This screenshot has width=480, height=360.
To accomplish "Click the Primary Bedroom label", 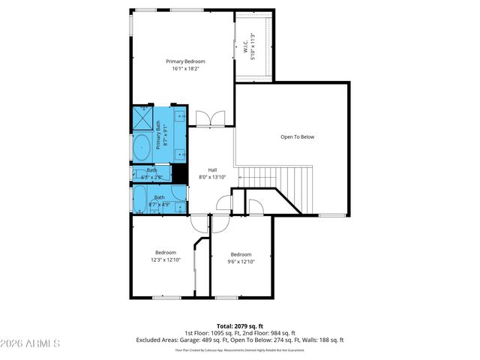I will [185, 61].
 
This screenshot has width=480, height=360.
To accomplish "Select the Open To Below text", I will [297, 137].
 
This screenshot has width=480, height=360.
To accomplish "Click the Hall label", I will [212, 169].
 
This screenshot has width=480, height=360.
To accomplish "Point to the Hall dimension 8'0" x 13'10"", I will [212, 177].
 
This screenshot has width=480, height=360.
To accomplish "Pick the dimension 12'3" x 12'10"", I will [165, 261].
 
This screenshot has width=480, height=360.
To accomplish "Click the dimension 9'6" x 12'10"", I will [241, 262].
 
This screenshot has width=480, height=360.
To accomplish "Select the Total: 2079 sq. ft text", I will [239, 325].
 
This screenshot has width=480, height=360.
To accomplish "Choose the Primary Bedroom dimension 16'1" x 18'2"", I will [185, 69].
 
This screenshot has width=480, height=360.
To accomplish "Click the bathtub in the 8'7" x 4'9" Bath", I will [141, 200].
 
